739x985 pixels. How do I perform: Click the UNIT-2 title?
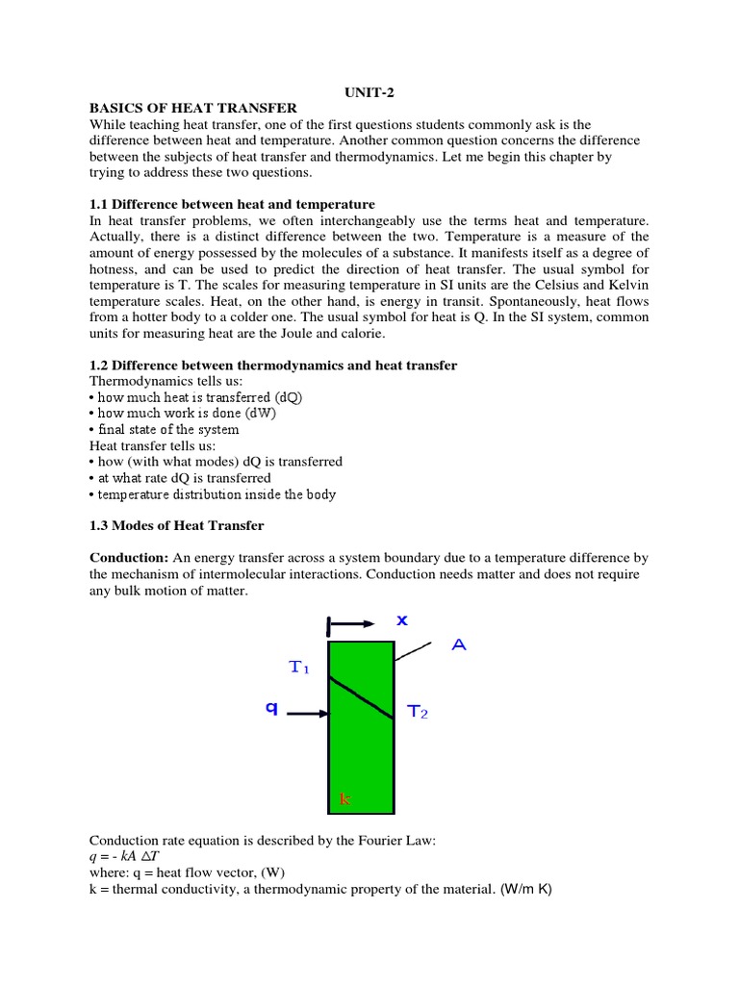click(x=369, y=91)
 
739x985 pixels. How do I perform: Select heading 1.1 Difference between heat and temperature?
click(x=232, y=205)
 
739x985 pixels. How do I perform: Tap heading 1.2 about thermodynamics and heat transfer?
click(x=273, y=366)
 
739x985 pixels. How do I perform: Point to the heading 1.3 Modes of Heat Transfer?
click(x=176, y=526)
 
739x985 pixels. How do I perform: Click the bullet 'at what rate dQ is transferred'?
click(x=180, y=478)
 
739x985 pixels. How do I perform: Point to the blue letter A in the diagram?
click(x=460, y=646)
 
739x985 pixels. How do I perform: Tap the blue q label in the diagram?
click(x=272, y=708)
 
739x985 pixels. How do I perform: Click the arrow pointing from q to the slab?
click(x=308, y=714)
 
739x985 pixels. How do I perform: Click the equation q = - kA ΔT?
click(x=133, y=856)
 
